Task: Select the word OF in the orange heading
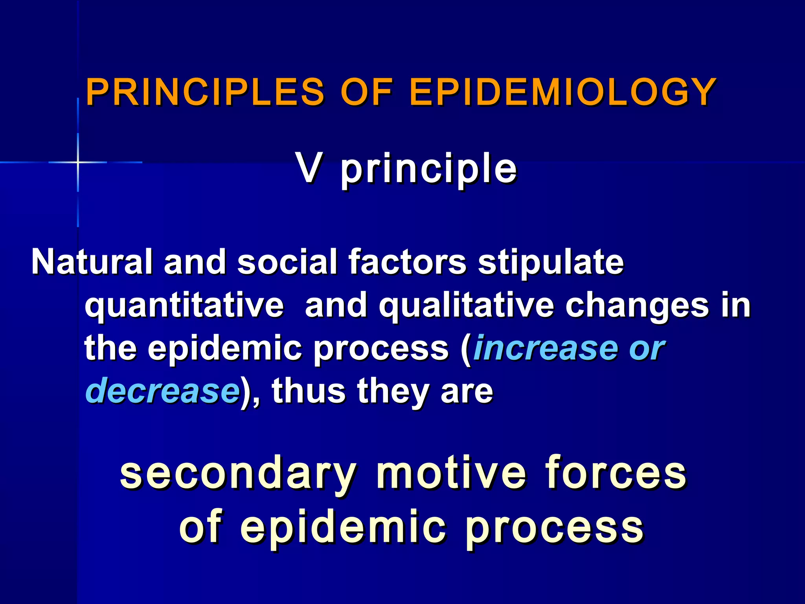pos(366,92)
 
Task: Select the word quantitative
pos(184,306)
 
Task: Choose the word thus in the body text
pos(308,391)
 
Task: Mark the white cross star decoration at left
pos(78,162)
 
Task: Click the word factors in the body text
pos(407,261)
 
